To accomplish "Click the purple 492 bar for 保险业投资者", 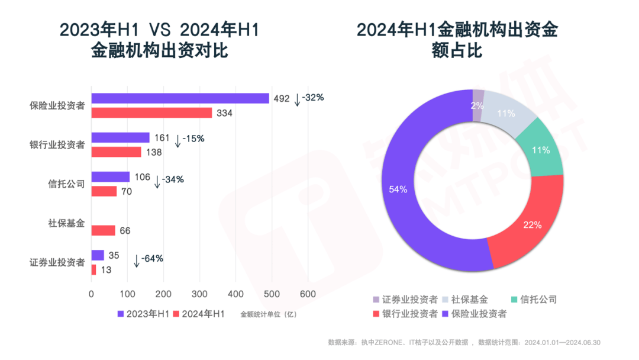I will pos(180,98).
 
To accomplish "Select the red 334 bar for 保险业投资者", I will pos(151,112).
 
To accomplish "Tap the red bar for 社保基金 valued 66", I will pos(103,230).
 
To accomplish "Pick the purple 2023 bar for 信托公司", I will pos(110,176).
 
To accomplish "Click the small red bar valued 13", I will pos(93,269).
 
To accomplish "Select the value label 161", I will pos(162,138).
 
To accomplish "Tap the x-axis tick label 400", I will pos(235,294).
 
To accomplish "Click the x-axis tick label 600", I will pos(308,294).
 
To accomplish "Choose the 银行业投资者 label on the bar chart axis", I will pos(57,144).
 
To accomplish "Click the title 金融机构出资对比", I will pos(160,51).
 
